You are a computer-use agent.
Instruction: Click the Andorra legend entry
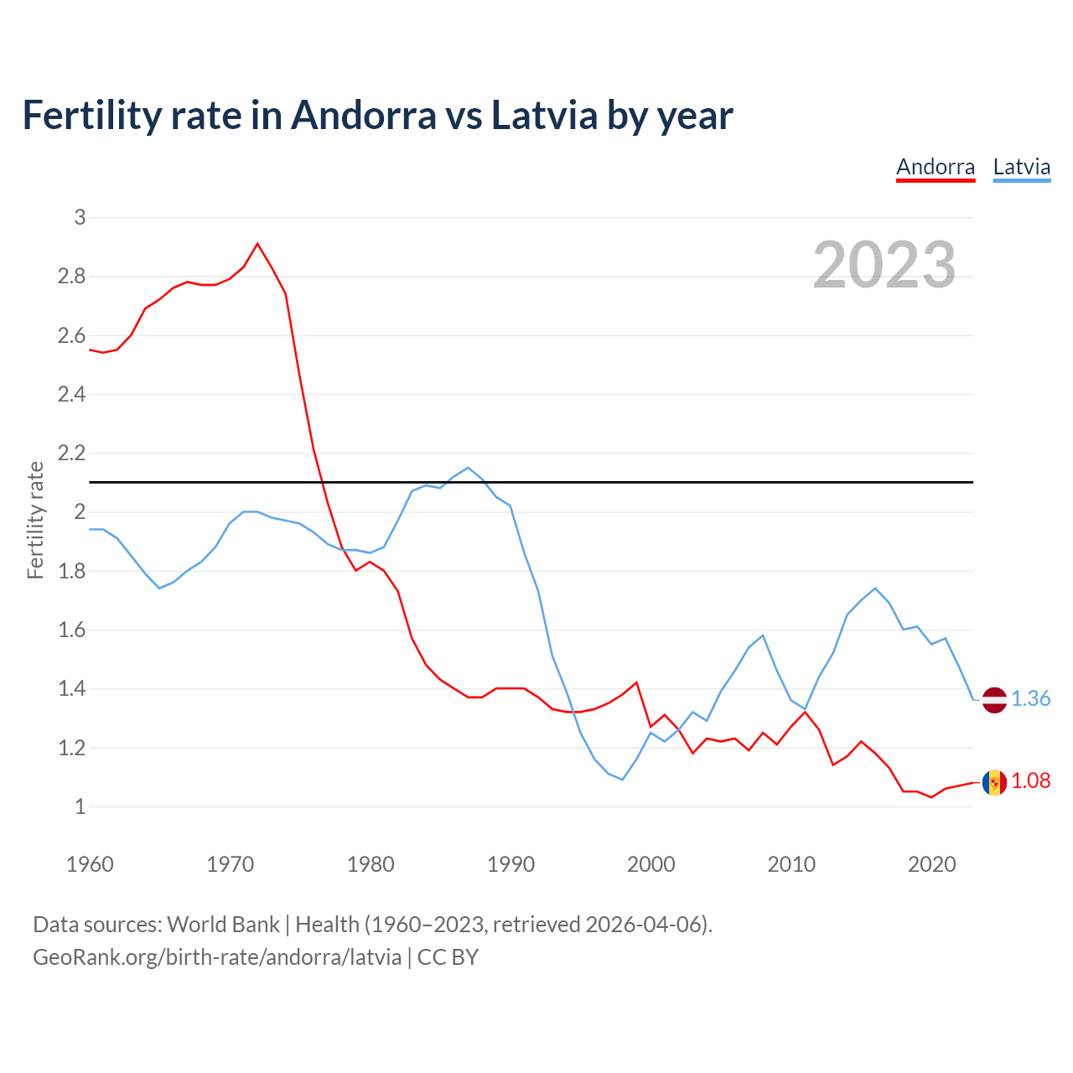[x=936, y=167]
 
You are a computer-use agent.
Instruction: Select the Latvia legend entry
[x=1021, y=167]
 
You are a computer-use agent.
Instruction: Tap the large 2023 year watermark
[x=884, y=265]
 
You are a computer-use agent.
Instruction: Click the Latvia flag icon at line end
[x=994, y=699]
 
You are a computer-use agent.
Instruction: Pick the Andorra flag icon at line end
[x=994, y=782]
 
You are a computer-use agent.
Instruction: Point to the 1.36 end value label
[x=1030, y=699]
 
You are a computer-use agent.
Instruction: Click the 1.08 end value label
[x=1030, y=781]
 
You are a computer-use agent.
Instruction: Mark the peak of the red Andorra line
[x=257, y=244]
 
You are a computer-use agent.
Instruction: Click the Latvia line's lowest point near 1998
[x=622, y=780]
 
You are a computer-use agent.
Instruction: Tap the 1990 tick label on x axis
[x=511, y=864]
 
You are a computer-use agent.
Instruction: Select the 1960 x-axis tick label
[x=90, y=864]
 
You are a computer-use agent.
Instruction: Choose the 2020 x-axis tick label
[x=931, y=864]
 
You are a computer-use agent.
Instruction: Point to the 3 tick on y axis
[x=80, y=218]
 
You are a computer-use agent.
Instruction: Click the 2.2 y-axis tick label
[x=72, y=454]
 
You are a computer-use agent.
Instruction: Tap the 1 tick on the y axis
[x=80, y=807]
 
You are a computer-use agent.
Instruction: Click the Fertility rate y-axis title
[x=35, y=520]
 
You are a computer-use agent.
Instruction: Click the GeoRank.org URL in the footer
[x=216, y=957]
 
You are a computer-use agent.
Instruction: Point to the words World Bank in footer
[x=223, y=925]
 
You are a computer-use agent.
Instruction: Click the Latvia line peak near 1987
[x=468, y=468]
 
